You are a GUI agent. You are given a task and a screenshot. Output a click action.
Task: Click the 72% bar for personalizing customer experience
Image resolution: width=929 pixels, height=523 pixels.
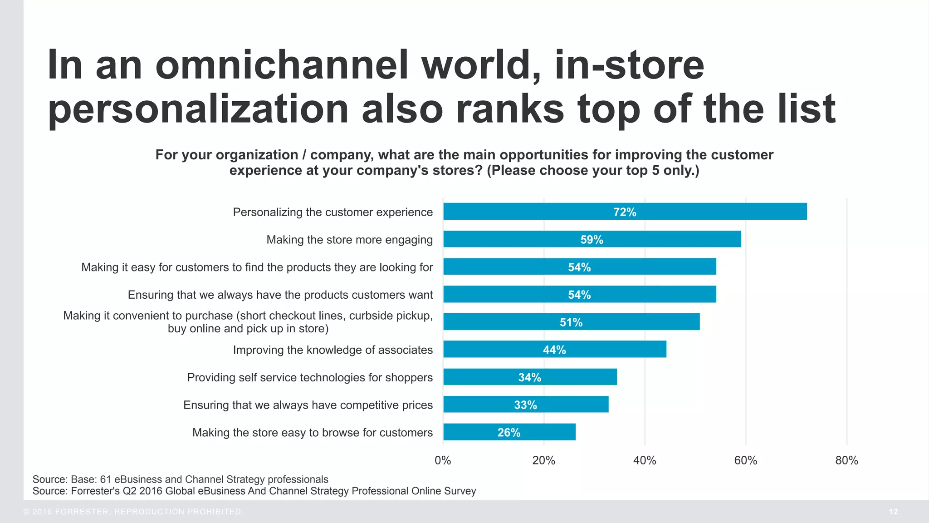point(625,212)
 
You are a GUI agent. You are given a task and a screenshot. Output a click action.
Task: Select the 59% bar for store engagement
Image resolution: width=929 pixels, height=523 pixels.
point(592,239)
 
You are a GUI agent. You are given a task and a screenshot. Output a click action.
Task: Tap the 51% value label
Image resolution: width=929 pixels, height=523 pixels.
point(571,322)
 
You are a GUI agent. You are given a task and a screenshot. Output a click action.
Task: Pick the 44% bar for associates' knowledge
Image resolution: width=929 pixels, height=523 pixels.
point(554,350)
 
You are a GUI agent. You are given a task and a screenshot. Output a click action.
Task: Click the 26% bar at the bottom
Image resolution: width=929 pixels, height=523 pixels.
point(509,432)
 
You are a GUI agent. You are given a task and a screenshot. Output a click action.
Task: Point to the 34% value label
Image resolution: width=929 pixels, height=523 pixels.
point(529,377)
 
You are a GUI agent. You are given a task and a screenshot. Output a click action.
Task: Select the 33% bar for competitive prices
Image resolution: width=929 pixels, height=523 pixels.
point(526,405)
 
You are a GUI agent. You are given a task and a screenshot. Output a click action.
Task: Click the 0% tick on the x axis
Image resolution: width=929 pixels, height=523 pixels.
point(443,460)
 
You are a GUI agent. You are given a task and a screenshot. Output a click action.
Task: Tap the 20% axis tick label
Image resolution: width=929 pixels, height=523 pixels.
point(543,460)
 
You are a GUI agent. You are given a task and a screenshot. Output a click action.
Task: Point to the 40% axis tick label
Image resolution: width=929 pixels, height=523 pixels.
point(645,460)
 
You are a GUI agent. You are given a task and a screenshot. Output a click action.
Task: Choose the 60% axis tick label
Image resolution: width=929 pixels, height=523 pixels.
point(745,460)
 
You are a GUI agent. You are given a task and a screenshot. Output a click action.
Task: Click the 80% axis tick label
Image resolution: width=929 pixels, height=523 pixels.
point(846,460)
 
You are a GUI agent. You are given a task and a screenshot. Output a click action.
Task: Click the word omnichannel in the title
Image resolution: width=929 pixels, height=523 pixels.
point(282,65)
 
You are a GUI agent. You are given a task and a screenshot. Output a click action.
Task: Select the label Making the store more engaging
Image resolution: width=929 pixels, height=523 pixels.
point(349,240)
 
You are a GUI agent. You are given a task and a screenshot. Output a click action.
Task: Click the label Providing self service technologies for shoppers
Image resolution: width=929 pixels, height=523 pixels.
point(310,377)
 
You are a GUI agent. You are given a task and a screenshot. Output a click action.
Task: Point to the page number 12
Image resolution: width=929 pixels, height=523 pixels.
point(893,512)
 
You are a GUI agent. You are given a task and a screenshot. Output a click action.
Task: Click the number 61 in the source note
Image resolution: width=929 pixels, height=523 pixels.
point(105,479)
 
